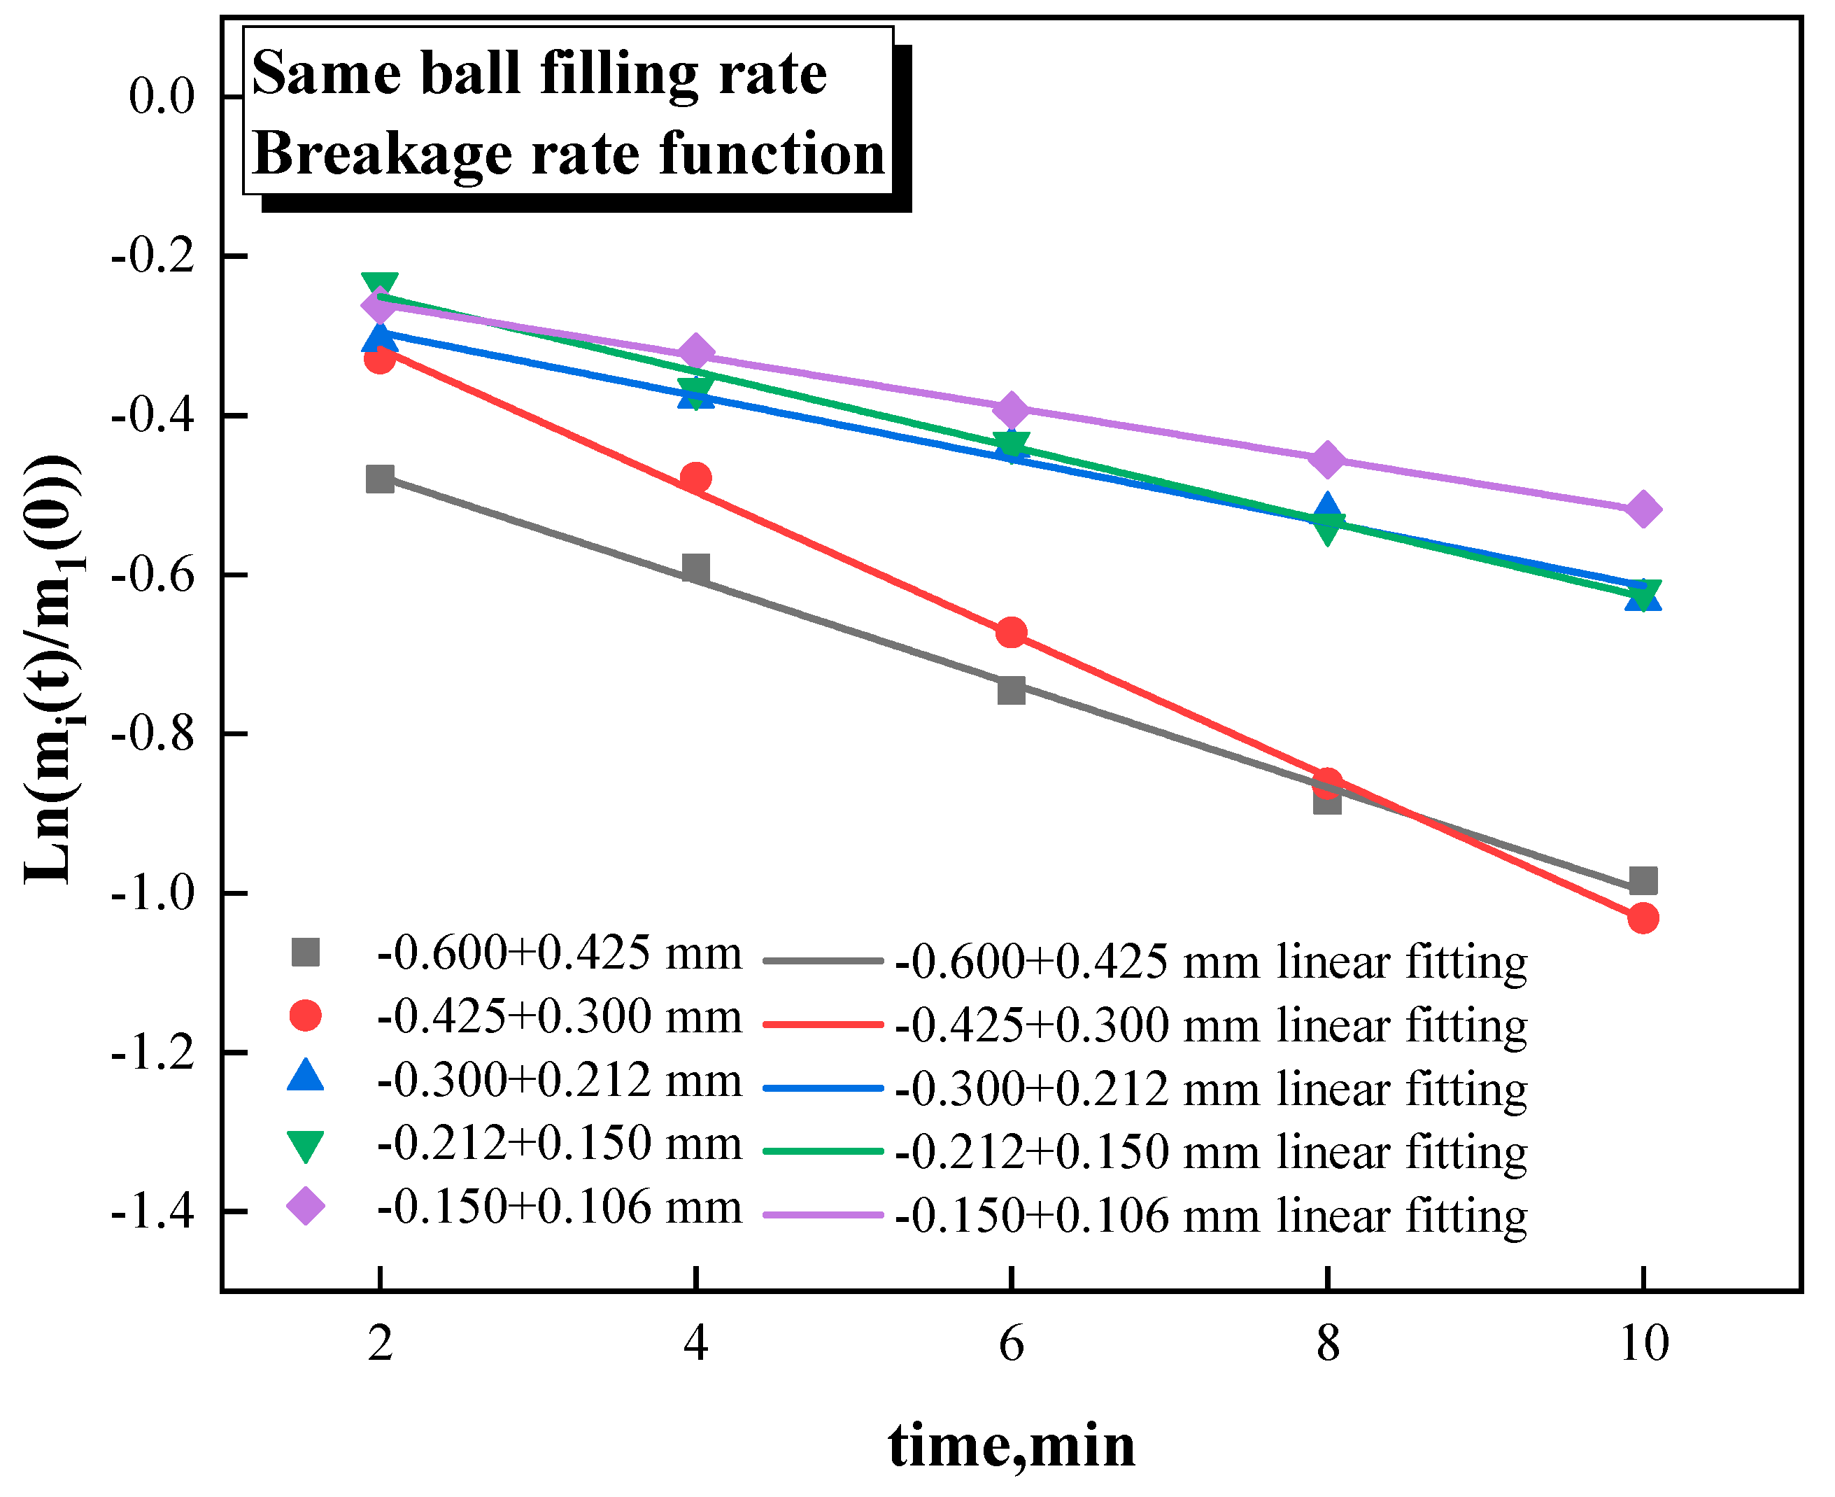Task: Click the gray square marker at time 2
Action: pyautogui.click(x=380, y=479)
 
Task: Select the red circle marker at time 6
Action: pyautogui.click(x=1011, y=633)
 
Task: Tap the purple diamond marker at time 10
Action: pyautogui.click(x=1643, y=509)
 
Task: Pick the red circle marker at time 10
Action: pyautogui.click(x=1643, y=918)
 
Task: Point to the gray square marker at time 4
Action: pyautogui.click(x=695, y=568)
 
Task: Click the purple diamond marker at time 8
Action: pyautogui.click(x=1327, y=459)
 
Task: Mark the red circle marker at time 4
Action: pyautogui.click(x=695, y=477)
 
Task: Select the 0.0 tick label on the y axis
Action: pyautogui.click(x=162, y=96)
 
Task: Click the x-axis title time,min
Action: pyautogui.click(x=1011, y=1446)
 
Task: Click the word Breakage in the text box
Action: pyautogui.click(x=383, y=155)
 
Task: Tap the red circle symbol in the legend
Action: pyautogui.click(x=305, y=1015)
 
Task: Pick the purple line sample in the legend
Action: pyautogui.click(x=823, y=1215)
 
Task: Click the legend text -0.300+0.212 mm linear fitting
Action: pyautogui.click(x=1210, y=1089)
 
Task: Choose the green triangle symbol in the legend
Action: pyautogui.click(x=305, y=1146)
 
